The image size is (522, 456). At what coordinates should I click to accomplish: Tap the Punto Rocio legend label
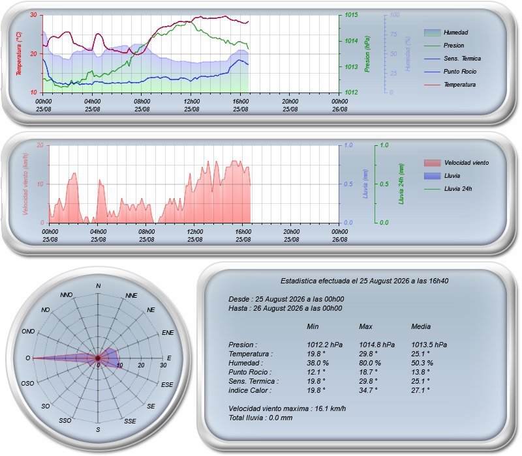click(x=460, y=72)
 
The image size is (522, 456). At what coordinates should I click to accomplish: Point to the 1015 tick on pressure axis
click(x=351, y=15)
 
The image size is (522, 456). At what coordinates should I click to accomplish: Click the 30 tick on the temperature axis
click(x=33, y=15)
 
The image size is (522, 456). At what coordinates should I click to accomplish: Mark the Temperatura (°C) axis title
click(x=19, y=53)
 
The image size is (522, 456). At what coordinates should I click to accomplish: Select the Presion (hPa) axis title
click(x=367, y=54)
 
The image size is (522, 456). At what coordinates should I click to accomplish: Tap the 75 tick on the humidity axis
click(x=393, y=35)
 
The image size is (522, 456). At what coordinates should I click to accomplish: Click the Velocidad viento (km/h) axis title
click(x=25, y=184)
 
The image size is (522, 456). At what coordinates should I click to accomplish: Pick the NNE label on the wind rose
click(x=131, y=296)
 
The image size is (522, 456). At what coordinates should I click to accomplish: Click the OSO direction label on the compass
click(x=27, y=384)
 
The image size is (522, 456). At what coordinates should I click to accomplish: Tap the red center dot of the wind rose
click(x=98, y=358)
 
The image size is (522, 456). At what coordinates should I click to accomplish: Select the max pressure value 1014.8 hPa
click(x=377, y=345)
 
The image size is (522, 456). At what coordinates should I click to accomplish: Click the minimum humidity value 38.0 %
click(x=318, y=363)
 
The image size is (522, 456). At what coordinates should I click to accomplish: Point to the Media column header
click(x=421, y=327)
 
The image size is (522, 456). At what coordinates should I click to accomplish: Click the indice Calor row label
click(x=250, y=390)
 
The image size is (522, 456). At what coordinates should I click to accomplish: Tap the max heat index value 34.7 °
click(x=368, y=390)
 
